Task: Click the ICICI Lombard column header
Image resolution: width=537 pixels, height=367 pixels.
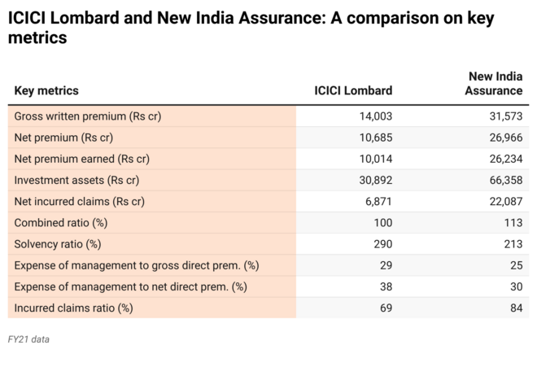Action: tap(352, 91)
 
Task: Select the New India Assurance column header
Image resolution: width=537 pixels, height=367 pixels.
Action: tap(493, 84)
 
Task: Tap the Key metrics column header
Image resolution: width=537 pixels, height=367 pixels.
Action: tap(46, 91)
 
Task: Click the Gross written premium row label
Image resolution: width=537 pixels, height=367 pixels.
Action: tap(88, 116)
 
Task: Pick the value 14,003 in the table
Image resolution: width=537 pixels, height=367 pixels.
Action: tap(375, 116)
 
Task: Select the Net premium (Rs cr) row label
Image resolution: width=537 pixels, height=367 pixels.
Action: tap(63, 138)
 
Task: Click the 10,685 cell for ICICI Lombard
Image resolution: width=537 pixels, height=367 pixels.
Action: tap(375, 138)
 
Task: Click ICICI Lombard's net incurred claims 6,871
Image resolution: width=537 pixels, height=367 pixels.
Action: tap(378, 201)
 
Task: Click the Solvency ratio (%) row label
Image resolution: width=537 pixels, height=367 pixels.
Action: tap(58, 244)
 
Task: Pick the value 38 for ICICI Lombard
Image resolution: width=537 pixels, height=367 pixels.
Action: tap(386, 286)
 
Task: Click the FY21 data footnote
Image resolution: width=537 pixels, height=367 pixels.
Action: tap(28, 339)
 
